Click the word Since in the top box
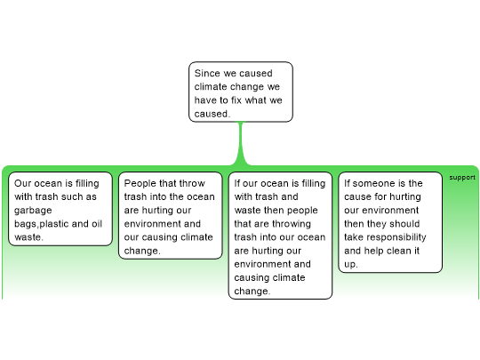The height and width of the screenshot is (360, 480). (207, 73)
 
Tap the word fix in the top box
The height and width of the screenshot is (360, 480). (236, 100)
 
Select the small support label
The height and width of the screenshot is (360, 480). (462, 178)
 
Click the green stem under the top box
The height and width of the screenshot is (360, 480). (241, 143)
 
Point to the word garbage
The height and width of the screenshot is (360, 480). (33, 211)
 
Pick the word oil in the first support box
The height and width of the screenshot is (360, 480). (97, 223)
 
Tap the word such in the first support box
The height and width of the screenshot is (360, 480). (73, 196)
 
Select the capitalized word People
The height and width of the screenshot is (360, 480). (140, 183)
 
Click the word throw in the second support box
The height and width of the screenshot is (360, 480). (192, 183)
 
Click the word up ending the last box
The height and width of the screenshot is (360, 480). (351, 264)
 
